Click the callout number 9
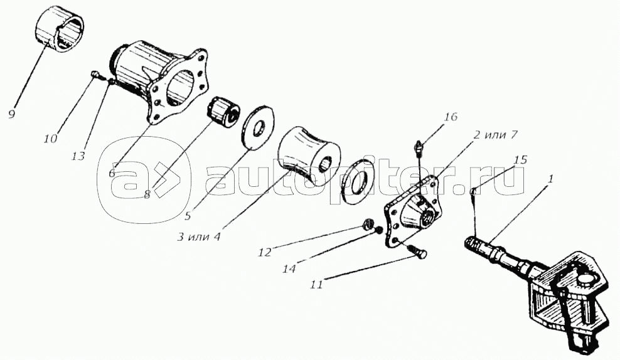coord(11,114)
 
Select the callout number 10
coord(51,139)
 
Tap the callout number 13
coord(78,156)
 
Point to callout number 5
coord(188,215)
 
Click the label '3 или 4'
coord(199,237)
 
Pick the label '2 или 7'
coord(494,135)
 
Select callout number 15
coord(520,160)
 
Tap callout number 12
coord(265,251)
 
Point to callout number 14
coord(289,268)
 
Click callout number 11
coord(316,284)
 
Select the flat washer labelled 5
coord(257,127)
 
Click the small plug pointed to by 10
coord(94,73)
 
